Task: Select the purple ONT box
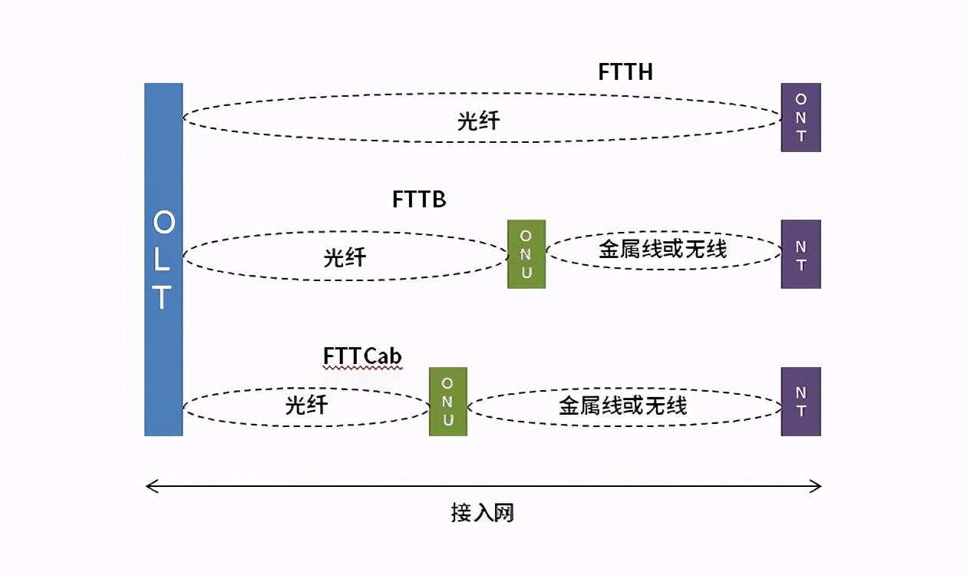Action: (x=800, y=118)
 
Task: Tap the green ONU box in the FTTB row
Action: (x=526, y=254)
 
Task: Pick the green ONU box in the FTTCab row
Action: (x=448, y=402)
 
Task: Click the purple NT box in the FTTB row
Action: (x=800, y=254)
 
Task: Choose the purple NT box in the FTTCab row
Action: (x=800, y=402)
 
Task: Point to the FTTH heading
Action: (x=625, y=72)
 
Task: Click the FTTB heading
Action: (x=419, y=200)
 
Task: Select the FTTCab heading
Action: (x=362, y=356)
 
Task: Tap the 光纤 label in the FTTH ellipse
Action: (x=479, y=121)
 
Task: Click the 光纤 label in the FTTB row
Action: (x=345, y=257)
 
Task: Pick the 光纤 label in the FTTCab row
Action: (x=306, y=405)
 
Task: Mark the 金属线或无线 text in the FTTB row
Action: (x=662, y=249)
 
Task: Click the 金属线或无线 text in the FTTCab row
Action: (x=622, y=406)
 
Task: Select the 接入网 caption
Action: (x=482, y=513)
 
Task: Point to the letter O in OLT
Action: (x=163, y=223)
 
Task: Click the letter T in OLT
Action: (x=162, y=298)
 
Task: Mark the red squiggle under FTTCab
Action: (x=362, y=369)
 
